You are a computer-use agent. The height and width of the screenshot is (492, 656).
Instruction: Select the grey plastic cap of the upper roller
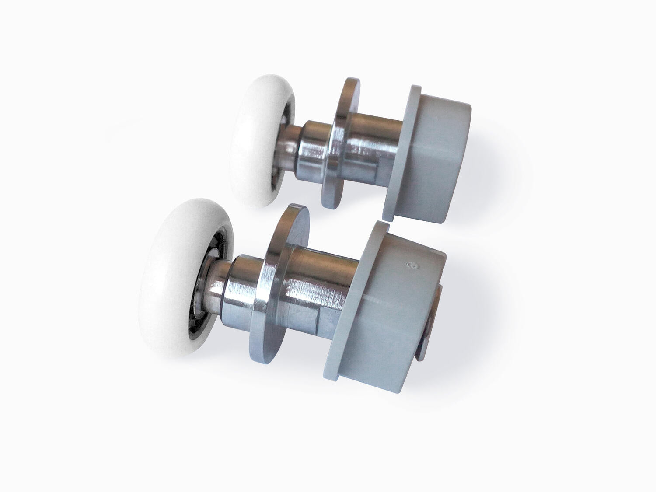[442, 153]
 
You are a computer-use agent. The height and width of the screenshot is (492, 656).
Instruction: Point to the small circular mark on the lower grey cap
[411, 265]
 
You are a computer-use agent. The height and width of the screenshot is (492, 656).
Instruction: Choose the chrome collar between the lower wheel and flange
[245, 284]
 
